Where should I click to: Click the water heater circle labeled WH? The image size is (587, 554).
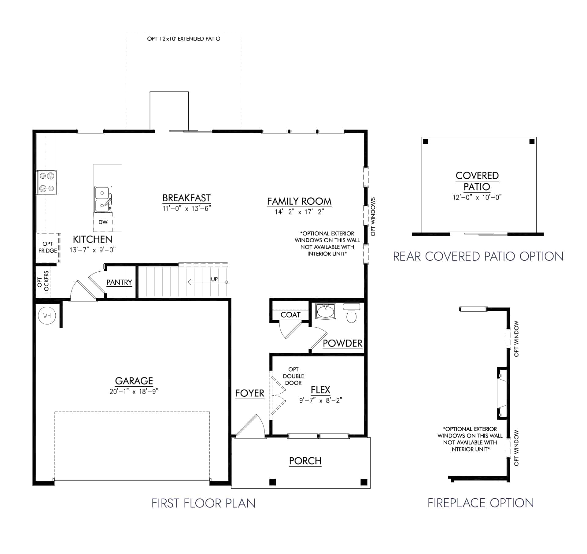click(x=47, y=316)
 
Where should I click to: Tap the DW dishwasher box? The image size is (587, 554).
click(x=103, y=222)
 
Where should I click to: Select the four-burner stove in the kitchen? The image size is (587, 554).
click(x=47, y=182)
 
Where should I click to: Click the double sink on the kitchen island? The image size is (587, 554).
click(x=103, y=199)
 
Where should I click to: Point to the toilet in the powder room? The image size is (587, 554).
click(x=352, y=313)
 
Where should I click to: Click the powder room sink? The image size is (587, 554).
click(x=326, y=312)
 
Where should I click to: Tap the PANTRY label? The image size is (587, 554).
click(x=119, y=282)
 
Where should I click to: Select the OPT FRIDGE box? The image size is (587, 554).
click(x=48, y=247)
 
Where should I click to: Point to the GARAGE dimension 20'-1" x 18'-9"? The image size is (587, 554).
click(x=134, y=392)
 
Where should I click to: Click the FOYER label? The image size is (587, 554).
click(x=249, y=393)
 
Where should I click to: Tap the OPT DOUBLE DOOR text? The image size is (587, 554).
click(x=293, y=376)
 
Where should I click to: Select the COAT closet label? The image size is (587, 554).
click(x=290, y=315)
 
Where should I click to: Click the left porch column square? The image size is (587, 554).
click(x=273, y=482)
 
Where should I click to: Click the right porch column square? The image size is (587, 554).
click(x=364, y=482)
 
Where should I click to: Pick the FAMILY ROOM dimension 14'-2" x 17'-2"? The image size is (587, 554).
click(x=299, y=212)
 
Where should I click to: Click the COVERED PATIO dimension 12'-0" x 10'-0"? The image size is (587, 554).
click(x=477, y=197)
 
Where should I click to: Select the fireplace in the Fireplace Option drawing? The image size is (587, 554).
click(x=501, y=393)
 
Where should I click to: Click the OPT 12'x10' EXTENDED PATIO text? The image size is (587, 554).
click(x=184, y=39)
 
